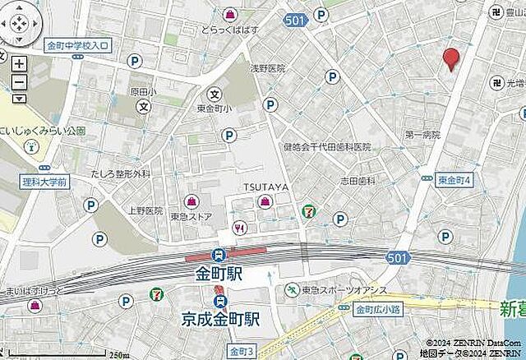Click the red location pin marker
click(451, 58)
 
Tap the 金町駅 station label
click(219, 273)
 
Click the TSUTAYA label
click(265, 187)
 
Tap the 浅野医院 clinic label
click(267, 69)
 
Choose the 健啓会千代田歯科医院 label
click(327, 146)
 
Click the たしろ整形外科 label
click(121, 174)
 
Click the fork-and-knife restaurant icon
click(238, 228)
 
